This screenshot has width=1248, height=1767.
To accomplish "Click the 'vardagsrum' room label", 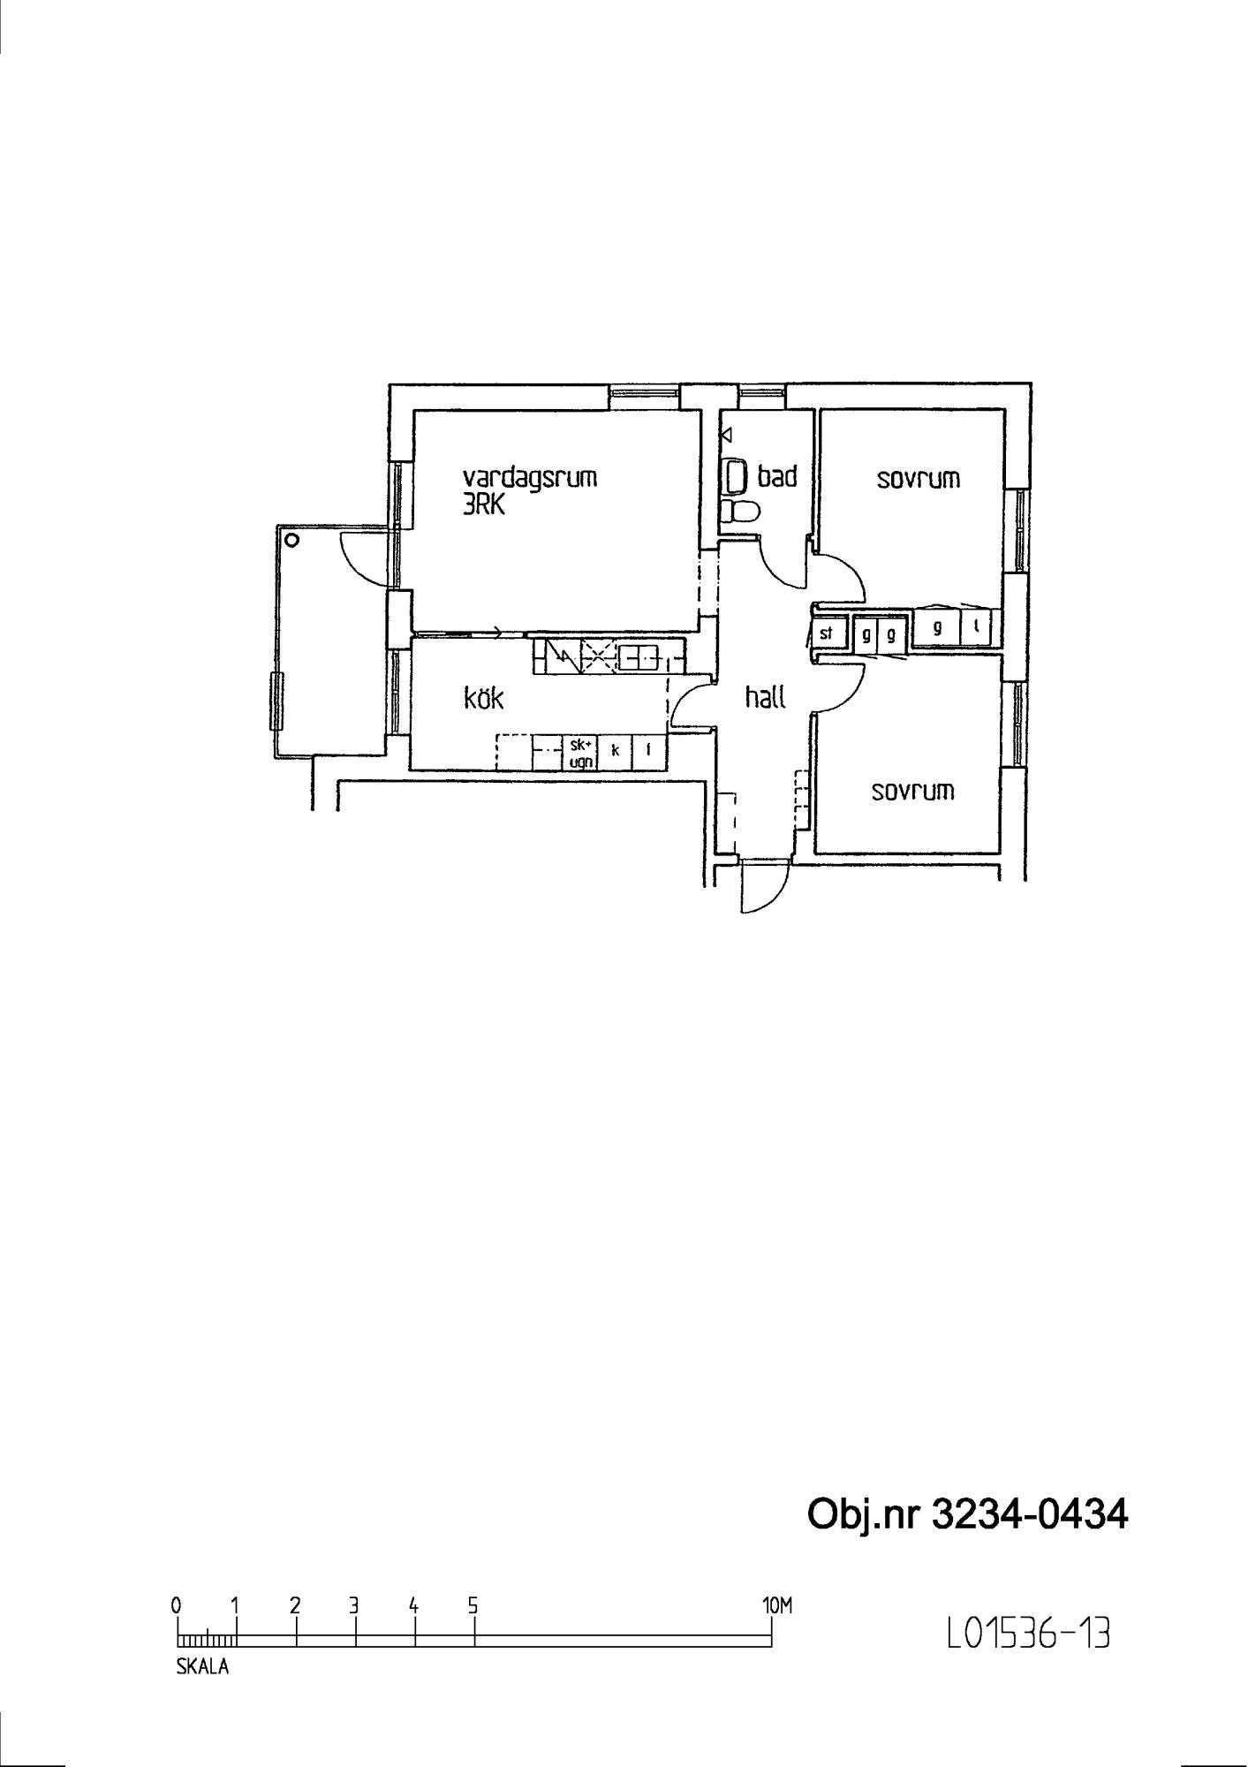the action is click(530, 478).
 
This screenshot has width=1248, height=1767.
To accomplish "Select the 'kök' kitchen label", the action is click(483, 698).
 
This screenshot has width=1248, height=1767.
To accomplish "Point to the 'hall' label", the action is click(766, 697).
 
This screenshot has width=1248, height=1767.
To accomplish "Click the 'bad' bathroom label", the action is click(777, 476).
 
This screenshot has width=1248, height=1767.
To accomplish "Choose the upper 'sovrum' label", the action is click(918, 479).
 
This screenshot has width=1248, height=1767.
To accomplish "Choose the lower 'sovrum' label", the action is click(913, 791).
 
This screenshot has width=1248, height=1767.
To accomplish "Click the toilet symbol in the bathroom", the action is click(738, 511).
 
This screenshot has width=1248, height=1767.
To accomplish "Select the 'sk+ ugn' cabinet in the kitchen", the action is click(581, 750).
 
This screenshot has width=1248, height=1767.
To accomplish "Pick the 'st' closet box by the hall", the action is click(828, 633).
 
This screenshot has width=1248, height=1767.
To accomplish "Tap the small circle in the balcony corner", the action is click(292, 540).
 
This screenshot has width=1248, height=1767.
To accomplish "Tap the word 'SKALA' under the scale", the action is click(202, 1668).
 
